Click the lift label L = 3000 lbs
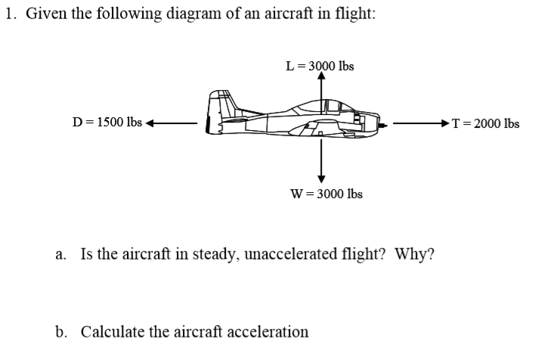[x=320, y=67]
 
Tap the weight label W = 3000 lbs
[x=326, y=194]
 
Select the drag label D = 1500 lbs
[x=107, y=123]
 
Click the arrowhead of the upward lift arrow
[x=322, y=76]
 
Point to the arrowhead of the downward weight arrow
[x=322, y=178]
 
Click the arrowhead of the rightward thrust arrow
[x=447, y=123]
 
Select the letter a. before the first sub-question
[x=61, y=253]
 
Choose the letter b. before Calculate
[x=61, y=331]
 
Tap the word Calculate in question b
[x=110, y=331]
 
